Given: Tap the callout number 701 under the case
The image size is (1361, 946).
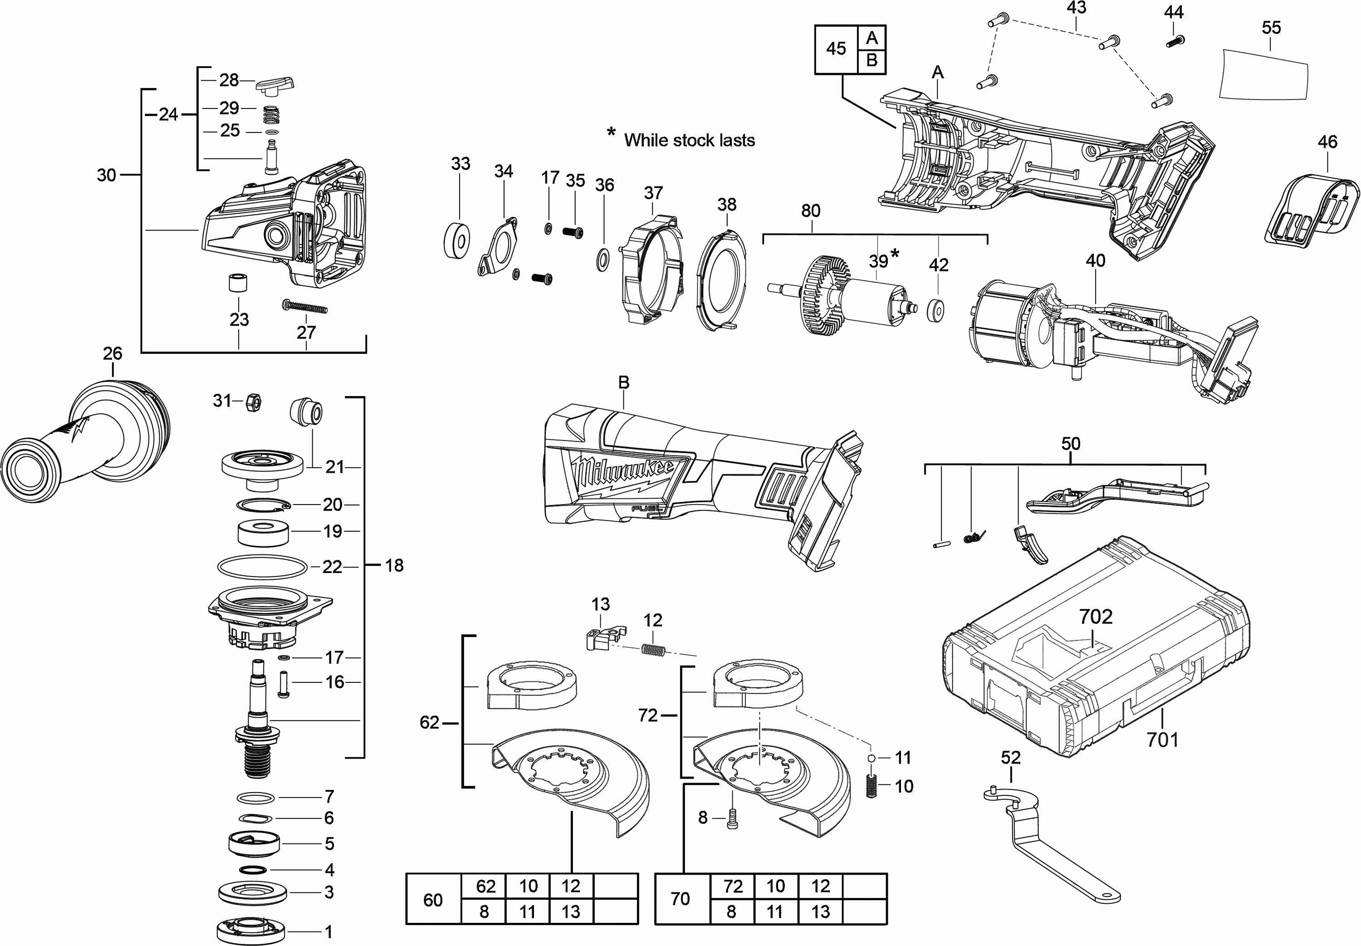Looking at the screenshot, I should pyautogui.click(x=1162, y=740).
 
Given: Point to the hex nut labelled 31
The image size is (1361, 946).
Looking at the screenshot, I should pyautogui.click(x=253, y=402).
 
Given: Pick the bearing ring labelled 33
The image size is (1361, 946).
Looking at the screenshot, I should pyautogui.click(x=456, y=240).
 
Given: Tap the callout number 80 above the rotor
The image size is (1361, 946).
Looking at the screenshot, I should pyautogui.click(x=811, y=211).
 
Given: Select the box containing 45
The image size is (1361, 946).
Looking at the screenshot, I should pyautogui.click(x=836, y=49).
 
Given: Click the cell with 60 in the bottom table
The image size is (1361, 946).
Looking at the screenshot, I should pyautogui.click(x=433, y=899).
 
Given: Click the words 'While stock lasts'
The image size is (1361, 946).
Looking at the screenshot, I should pyautogui.click(x=689, y=141).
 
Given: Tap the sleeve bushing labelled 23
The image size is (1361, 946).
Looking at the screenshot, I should pyautogui.click(x=238, y=283).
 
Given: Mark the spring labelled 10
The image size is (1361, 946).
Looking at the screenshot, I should pyautogui.click(x=871, y=787).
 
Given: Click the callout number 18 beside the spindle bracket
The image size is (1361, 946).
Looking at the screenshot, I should pyautogui.click(x=394, y=565).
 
